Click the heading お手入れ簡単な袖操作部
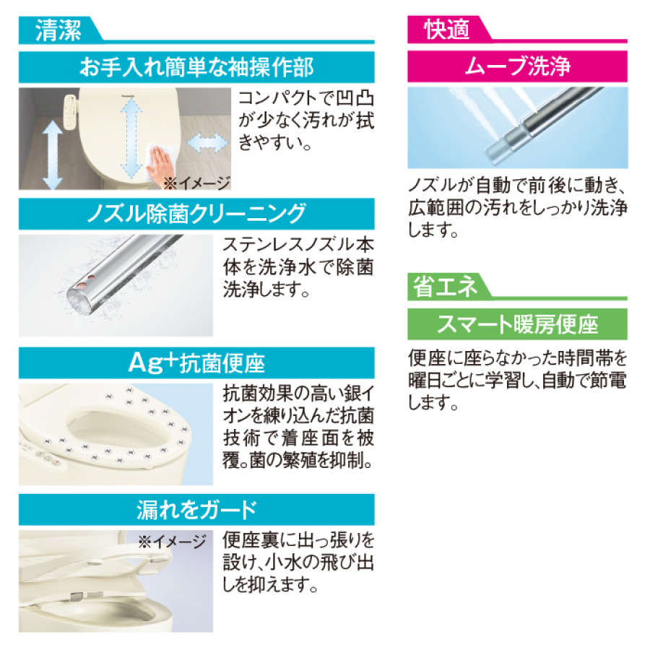(x=196, y=68)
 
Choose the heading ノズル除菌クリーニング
(x=196, y=214)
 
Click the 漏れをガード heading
(x=196, y=510)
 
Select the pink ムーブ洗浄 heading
(x=517, y=68)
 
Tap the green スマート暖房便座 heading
(x=517, y=324)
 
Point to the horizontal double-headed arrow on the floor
(x=208, y=142)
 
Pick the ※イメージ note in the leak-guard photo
(x=172, y=541)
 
